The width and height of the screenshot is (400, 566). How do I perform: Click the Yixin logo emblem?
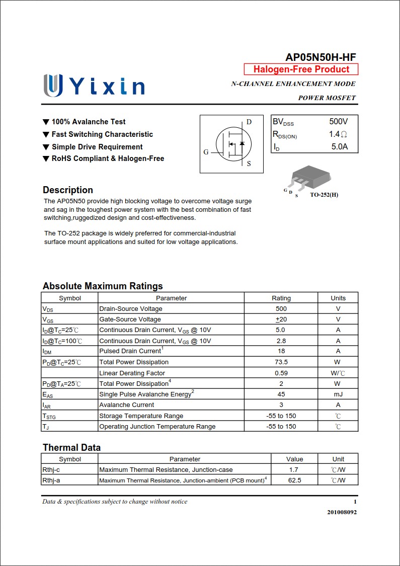tap(53, 86)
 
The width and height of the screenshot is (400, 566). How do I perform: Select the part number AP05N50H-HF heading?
tap(321, 57)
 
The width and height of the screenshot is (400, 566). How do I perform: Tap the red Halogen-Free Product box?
tap(301, 69)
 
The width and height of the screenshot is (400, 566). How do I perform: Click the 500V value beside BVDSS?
tap(338, 122)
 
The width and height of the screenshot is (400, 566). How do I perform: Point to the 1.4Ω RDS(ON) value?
tap(338, 134)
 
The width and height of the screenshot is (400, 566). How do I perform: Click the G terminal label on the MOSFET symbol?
tap(206, 152)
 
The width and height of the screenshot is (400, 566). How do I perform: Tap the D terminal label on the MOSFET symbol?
tap(249, 122)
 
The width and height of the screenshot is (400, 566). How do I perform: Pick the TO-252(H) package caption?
tap(324, 195)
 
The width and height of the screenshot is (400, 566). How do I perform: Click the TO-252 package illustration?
tap(310, 178)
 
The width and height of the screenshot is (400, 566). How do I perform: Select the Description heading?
tap(68, 190)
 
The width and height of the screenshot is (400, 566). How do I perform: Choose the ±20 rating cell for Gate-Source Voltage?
tap(281, 319)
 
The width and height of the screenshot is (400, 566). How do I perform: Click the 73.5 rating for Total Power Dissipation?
tap(281, 362)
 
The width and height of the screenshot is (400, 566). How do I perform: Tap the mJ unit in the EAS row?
tap(338, 394)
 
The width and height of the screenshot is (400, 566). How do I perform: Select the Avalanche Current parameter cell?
tap(127, 405)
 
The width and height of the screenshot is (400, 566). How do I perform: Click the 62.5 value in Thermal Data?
tap(294, 480)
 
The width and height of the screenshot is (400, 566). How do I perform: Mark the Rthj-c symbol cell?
tap(51, 470)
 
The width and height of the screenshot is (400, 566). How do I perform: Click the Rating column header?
tap(281, 298)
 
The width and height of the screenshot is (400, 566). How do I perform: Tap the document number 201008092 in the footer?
tap(342, 512)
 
